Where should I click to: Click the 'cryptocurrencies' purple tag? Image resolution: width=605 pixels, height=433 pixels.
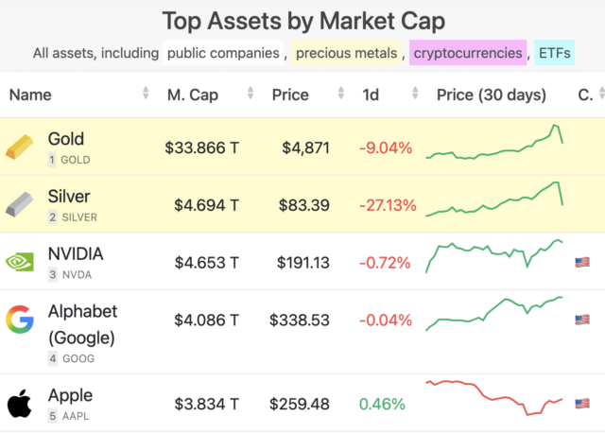click(x=468, y=53)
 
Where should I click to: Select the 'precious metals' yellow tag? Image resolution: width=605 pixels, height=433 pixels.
click(x=346, y=53)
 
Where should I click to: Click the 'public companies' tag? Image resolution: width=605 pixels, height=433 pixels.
click(x=223, y=53)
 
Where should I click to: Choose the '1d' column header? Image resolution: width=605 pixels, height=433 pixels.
click(x=371, y=95)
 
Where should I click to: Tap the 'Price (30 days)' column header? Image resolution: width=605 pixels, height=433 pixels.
click(x=492, y=95)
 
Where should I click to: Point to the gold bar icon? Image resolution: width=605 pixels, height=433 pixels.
click(x=19, y=147)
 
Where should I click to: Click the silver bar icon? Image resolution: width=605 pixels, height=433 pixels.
click(x=19, y=203)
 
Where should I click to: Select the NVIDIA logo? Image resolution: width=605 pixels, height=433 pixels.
click(x=19, y=262)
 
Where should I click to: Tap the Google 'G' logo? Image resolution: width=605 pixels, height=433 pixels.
click(x=19, y=320)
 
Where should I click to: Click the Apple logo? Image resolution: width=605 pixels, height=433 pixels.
click(x=19, y=404)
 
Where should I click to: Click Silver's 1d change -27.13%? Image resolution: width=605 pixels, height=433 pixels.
click(x=385, y=205)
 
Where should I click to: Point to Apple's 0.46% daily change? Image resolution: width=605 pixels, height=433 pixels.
click(x=381, y=404)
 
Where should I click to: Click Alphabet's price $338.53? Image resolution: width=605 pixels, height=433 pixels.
click(x=299, y=320)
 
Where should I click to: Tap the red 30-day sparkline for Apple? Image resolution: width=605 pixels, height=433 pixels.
click(x=493, y=397)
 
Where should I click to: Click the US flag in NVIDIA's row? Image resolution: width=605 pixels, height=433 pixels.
click(x=582, y=262)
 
